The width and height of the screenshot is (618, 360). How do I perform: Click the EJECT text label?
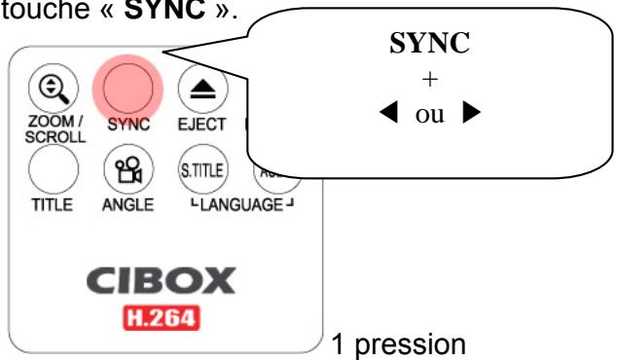(x=202, y=126)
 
